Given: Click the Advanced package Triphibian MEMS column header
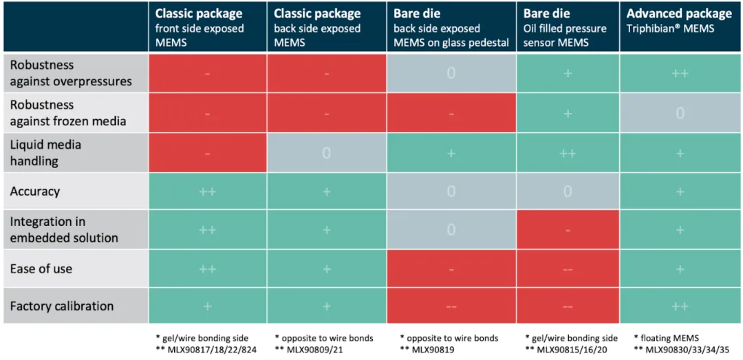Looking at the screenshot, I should pyautogui.click(x=680, y=27).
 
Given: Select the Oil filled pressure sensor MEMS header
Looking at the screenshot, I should pyautogui.click(x=567, y=27).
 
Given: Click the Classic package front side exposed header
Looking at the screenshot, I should pyautogui.click(x=206, y=27).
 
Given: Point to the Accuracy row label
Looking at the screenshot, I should pyautogui.click(x=35, y=191).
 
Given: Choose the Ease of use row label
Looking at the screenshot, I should pyautogui.click(x=41, y=268).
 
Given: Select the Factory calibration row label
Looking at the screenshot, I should pyautogui.click(x=62, y=306).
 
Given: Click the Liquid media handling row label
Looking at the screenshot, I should pyautogui.click(x=45, y=152).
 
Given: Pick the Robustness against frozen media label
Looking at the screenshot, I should pyautogui.click(x=68, y=113).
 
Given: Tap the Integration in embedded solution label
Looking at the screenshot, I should pyautogui.click(x=64, y=229).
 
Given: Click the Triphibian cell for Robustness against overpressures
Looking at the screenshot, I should pyautogui.click(x=680, y=73).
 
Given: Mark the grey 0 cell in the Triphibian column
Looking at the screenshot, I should pyautogui.click(x=680, y=113).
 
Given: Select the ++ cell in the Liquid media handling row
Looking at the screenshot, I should pyautogui.click(x=568, y=153).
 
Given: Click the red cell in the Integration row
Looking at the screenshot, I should pyautogui.click(x=568, y=230).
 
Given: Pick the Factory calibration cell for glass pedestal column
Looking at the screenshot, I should pyautogui.click(x=451, y=306).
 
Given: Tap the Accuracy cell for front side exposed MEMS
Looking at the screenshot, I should pyautogui.click(x=207, y=191).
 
